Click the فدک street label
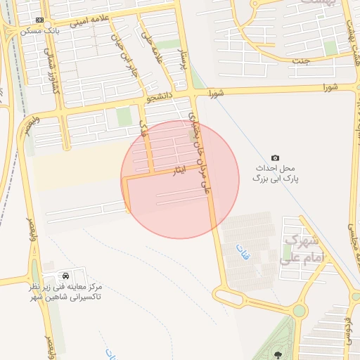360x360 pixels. [145, 127]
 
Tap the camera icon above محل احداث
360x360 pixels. [275, 157]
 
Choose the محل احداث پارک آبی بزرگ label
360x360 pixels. [274, 174]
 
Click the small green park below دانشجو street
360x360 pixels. [124, 117]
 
